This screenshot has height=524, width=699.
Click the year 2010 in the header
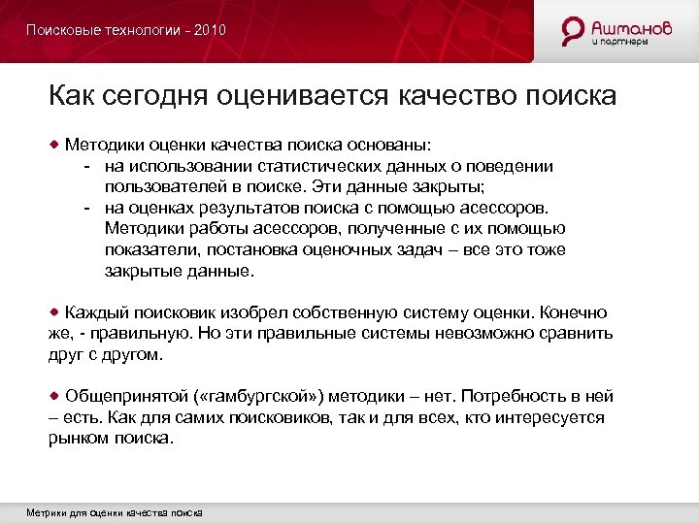[x=210, y=30]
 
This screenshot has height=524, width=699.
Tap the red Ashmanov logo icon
[x=574, y=31]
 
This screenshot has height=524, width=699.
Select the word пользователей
[x=158, y=187]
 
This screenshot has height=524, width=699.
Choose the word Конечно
[x=573, y=313]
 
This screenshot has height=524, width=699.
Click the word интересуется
[x=552, y=417]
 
